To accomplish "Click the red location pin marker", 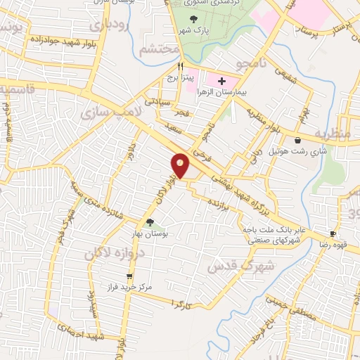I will [180, 165].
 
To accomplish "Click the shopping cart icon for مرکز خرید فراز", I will [129, 276].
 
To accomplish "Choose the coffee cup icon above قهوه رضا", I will [333, 234].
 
